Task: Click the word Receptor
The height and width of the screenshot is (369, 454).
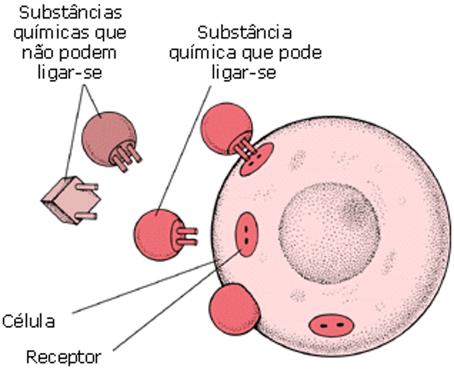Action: coord(64,357)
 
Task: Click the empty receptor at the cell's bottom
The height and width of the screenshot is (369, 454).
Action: coord(332,326)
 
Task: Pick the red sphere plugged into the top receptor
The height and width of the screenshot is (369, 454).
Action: coord(227,129)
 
